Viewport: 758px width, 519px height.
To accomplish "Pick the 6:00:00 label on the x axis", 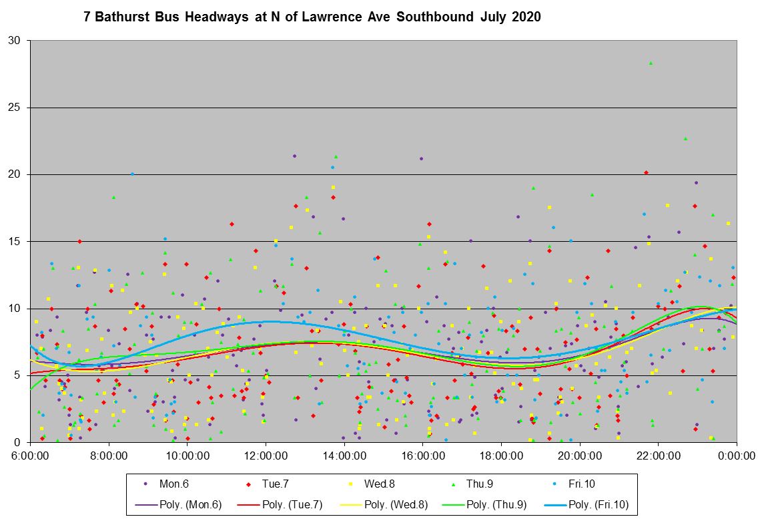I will click(31, 456).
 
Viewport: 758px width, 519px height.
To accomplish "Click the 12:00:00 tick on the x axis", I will click(266, 456).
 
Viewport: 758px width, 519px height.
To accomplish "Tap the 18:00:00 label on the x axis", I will click(501, 456).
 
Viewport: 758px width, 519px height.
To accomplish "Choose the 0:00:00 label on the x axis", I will click(737, 456).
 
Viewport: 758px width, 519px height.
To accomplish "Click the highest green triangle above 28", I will click(651, 63).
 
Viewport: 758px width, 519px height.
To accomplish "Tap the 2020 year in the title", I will click(526, 17).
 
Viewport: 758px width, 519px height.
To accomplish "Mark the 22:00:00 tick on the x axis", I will click(658, 456).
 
